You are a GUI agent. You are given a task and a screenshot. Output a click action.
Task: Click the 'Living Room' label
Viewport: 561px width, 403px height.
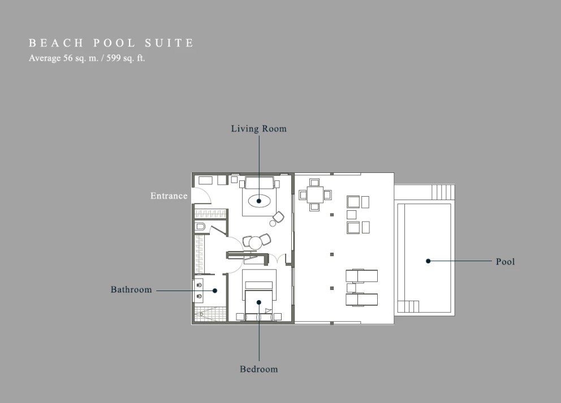pyautogui.click(x=258, y=129)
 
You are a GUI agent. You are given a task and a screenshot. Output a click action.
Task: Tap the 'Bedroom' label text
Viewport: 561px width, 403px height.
pyautogui.click(x=258, y=369)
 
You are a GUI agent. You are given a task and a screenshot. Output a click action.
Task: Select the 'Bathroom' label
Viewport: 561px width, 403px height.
pyautogui.click(x=131, y=289)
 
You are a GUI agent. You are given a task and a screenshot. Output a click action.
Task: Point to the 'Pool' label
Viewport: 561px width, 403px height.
pyautogui.click(x=505, y=262)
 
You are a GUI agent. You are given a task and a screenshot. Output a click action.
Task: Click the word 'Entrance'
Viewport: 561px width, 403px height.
pyautogui.click(x=169, y=196)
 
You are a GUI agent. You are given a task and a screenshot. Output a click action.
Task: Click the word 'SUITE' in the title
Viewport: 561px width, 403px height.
pyautogui.click(x=169, y=44)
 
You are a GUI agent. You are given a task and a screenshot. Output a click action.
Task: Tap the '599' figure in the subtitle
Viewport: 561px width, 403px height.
pyautogui.click(x=113, y=58)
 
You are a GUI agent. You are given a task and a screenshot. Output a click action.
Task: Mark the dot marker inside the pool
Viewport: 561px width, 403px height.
pyautogui.click(x=428, y=261)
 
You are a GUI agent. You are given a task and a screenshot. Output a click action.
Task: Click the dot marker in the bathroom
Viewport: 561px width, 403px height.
pyautogui.click(x=215, y=291)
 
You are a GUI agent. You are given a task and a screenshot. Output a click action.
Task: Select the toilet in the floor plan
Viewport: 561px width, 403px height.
pyautogui.click(x=200, y=226)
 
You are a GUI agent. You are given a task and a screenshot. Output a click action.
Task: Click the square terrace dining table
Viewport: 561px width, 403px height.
pyautogui.click(x=315, y=195)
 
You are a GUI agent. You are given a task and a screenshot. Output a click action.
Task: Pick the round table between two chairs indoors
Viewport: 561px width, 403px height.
pyautogui.click(x=256, y=243)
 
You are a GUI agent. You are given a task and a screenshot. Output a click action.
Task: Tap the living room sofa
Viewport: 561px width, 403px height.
pyautogui.click(x=258, y=183)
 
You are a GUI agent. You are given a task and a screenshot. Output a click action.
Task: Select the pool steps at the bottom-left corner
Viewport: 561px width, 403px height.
pyautogui.click(x=408, y=306)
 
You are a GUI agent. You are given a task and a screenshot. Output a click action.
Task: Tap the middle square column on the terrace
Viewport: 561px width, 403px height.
pyautogui.click(x=332, y=254)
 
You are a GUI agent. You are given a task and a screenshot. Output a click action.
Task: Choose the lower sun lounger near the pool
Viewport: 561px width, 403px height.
pyautogui.click(x=361, y=300)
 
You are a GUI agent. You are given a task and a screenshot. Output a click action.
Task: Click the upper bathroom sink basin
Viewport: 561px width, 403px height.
pyautogui.click(x=199, y=285)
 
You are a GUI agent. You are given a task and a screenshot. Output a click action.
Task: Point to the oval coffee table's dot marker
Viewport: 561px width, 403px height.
pyautogui.click(x=258, y=201)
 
